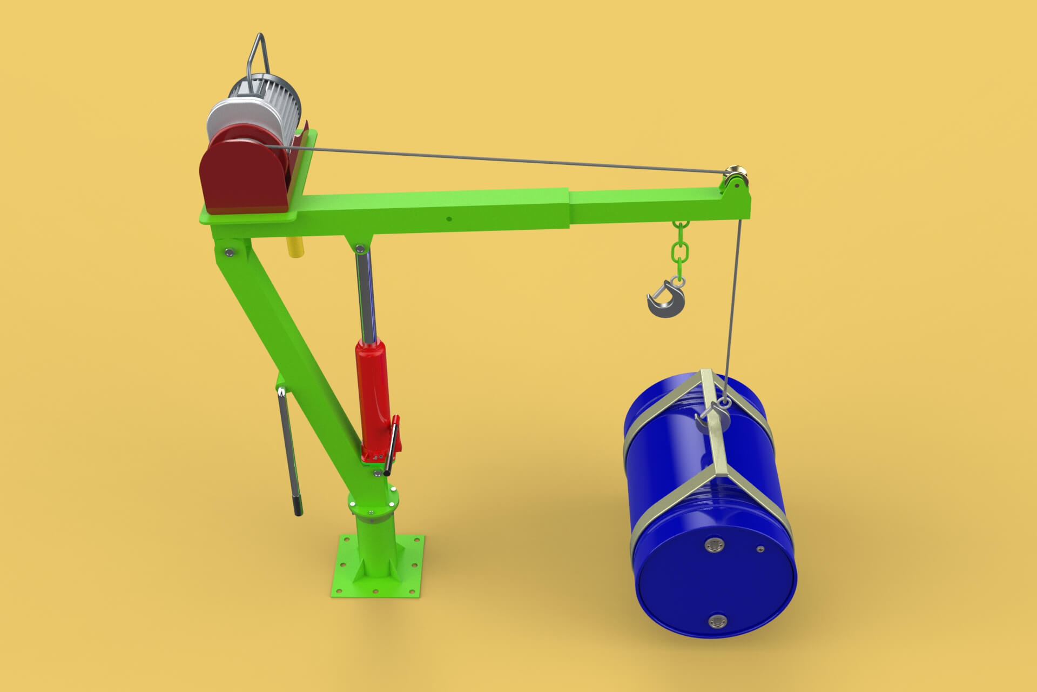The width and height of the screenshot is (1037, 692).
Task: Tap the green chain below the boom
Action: coord(679,249)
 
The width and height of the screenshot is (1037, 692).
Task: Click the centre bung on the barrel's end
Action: coord(715,545)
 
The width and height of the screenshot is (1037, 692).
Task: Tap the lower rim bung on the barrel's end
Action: coord(718,622)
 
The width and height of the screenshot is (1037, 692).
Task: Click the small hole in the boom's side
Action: coord(448,219)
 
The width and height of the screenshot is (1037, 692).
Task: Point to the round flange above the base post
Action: coord(373,503)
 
